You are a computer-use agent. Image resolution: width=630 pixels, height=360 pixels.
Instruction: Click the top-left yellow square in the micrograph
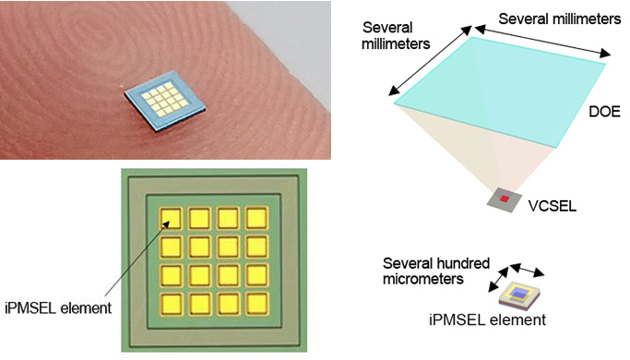coord(172,220)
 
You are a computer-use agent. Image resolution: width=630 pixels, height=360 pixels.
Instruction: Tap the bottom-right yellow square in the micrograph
coord(257,304)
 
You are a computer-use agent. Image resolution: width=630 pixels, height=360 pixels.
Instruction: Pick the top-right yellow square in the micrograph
coord(257,220)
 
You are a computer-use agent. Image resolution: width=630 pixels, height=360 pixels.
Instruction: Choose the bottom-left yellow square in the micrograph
coord(172,304)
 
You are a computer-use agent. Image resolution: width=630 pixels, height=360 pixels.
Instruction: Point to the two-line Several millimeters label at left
coord(398,35)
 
